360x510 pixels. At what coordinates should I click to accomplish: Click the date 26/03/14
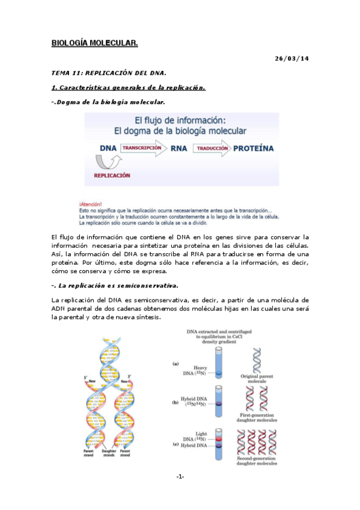click(x=291, y=58)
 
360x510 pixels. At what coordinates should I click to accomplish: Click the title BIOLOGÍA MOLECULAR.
click(x=94, y=43)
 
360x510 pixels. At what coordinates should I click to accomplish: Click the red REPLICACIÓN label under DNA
click(x=112, y=176)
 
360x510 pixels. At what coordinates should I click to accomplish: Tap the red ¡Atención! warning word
click(x=90, y=204)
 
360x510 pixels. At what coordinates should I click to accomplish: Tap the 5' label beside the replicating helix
click(x=86, y=377)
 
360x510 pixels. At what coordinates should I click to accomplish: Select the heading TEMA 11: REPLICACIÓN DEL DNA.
click(x=108, y=73)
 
